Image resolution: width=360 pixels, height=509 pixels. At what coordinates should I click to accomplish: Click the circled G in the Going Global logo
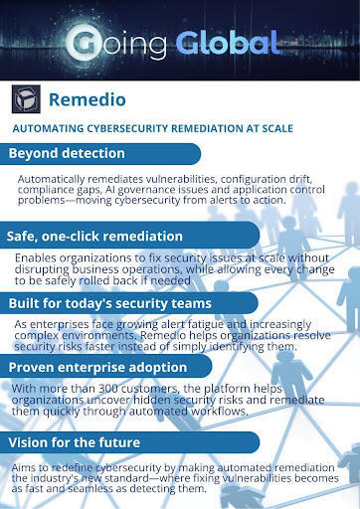point(84,44)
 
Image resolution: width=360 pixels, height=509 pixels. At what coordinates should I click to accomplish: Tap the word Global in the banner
point(228,43)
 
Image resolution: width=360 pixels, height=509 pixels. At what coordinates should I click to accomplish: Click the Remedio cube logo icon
point(26,99)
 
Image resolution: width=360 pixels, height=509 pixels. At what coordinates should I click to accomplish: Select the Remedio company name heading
point(88,99)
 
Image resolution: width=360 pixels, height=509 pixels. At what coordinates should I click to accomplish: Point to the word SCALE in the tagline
point(277,128)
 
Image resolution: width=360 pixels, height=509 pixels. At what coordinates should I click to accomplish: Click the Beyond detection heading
point(67,153)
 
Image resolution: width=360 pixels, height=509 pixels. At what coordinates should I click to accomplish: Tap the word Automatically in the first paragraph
point(52,179)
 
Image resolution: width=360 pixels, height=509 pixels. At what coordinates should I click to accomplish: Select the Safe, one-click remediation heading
point(94,237)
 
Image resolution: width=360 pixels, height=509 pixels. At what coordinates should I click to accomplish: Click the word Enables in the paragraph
point(36,257)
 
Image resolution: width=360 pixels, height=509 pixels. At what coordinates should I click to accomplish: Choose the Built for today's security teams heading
point(110,303)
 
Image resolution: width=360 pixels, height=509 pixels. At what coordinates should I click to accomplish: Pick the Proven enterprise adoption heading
point(97,367)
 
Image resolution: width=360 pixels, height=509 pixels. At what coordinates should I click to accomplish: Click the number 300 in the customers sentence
point(106,389)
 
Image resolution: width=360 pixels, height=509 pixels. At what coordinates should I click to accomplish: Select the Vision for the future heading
point(75,442)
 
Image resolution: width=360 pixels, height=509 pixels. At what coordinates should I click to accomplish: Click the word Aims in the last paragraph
point(23,467)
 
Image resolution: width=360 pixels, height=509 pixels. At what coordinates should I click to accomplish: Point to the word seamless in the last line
point(90,488)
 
